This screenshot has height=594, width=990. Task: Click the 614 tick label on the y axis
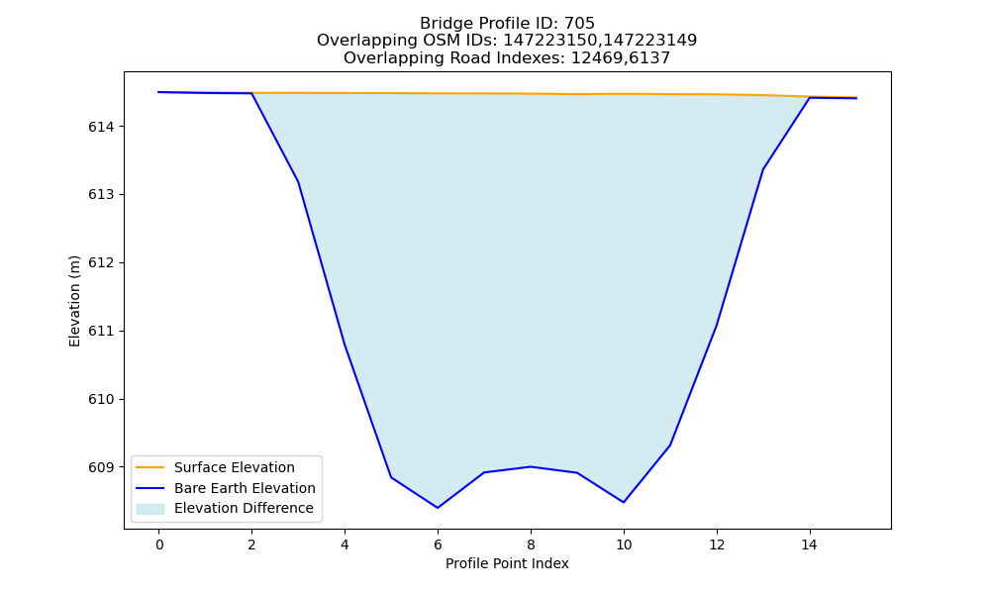(101, 127)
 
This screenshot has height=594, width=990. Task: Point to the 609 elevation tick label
(101, 467)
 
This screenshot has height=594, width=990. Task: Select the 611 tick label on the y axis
(101, 332)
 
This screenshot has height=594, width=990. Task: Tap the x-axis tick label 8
(531, 544)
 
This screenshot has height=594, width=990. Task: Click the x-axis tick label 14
(810, 544)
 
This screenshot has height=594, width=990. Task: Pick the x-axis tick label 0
(159, 544)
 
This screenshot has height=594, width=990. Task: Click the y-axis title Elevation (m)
(74, 301)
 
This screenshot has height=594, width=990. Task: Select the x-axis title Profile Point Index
(507, 563)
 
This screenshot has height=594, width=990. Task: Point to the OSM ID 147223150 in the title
(549, 41)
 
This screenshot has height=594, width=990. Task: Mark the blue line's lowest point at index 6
(438, 508)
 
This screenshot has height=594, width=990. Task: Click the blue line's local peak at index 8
(531, 466)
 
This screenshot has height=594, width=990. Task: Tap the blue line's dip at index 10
(624, 503)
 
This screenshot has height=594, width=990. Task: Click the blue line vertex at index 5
(391, 477)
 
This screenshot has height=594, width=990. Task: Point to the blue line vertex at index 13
(763, 169)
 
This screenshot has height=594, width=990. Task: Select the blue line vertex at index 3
(298, 182)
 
